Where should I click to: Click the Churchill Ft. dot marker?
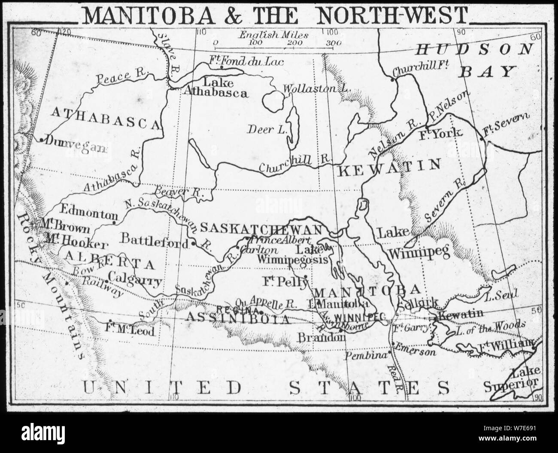pos(392,79)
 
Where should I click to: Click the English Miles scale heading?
pos(273,35)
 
